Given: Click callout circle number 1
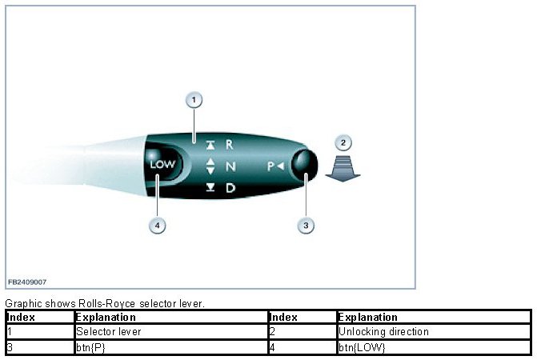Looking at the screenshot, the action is (194, 100).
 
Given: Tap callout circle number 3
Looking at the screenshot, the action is (305, 226).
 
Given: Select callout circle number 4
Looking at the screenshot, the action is (158, 226).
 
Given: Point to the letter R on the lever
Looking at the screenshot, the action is (229, 145).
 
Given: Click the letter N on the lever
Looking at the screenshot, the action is (230, 166).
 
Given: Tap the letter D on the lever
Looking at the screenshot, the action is (230, 188).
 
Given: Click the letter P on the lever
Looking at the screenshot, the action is (271, 166).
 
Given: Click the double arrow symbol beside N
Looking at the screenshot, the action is (210, 166).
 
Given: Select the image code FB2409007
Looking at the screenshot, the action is (27, 282).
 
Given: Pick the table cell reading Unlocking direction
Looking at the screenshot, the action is (383, 331).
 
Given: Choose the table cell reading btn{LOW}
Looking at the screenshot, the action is (355, 346).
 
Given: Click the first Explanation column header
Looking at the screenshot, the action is (105, 318).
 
